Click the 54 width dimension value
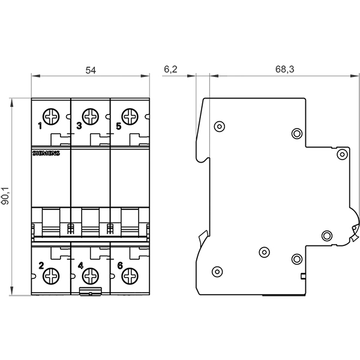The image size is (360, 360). pyautogui.click(x=91, y=70)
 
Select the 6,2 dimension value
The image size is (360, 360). pyautogui.click(x=170, y=70)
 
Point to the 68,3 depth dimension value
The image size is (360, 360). pyautogui.click(x=284, y=70)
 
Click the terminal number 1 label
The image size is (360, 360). pyautogui.click(x=40, y=126)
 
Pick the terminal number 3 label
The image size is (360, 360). pyautogui.click(x=79, y=126)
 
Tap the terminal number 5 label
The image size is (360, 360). pyautogui.click(x=118, y=126)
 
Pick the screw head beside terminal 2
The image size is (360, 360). pyautogui.click(x=51, y=277)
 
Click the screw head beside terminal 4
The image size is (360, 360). pyautogui.click(x=90, y=277)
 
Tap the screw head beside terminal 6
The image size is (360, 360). pyautogui.click(x=129, y=277)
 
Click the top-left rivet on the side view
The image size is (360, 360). pyautogui.click(x=219, y=126)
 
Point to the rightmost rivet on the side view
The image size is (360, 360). pyautogui.click(x=341, y=154)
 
